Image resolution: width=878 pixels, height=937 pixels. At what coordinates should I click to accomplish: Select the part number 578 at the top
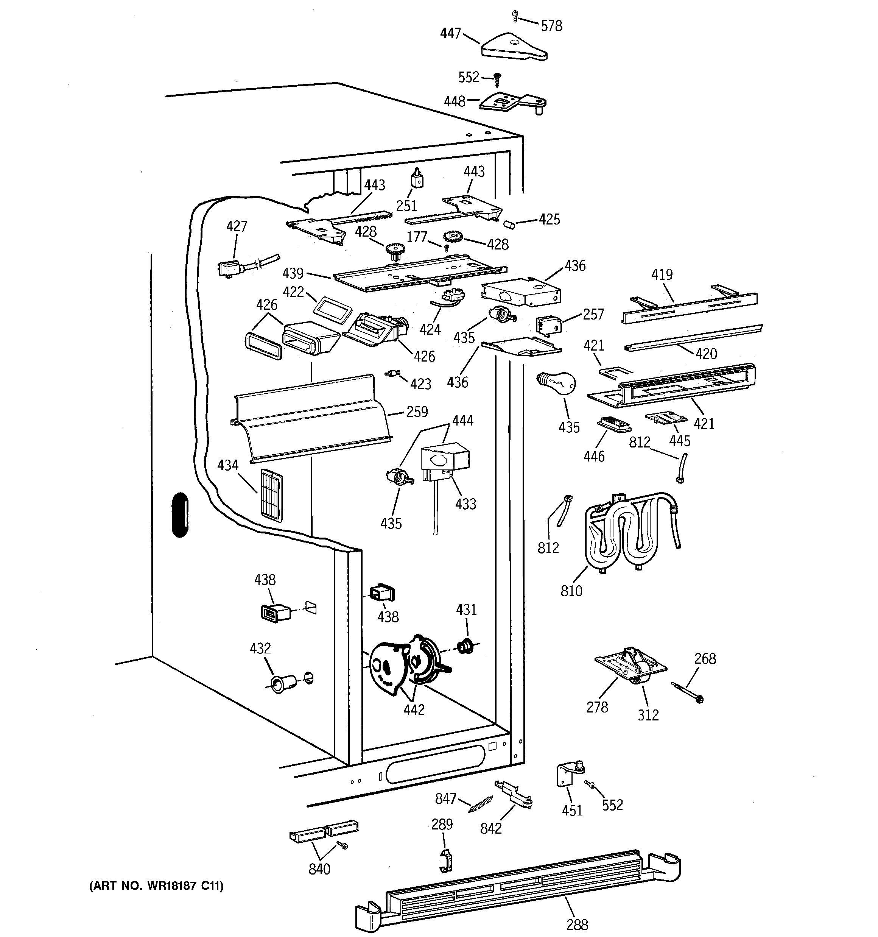(551, 26)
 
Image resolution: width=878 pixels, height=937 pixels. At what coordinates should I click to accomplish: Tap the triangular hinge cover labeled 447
(514, 46)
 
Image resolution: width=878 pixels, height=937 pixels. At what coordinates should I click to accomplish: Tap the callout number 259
(417, 412)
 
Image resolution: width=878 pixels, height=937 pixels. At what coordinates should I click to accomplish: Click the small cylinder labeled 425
(509, 223)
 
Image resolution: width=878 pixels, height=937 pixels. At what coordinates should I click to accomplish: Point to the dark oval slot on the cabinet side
(180, 515)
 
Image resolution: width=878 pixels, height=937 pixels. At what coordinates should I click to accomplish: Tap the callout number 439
(293, 273)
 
